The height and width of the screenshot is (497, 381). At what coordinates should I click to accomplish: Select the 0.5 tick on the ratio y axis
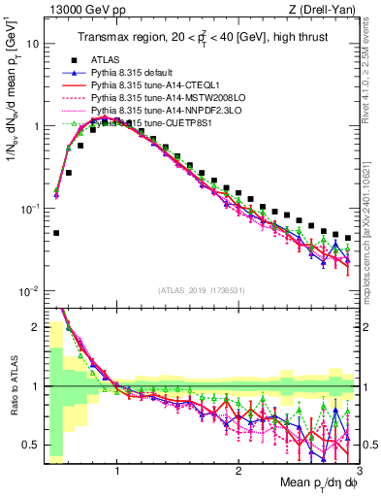click(x=31, y=446)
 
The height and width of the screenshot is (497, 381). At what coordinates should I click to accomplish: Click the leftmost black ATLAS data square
click(x=56, y=233)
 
